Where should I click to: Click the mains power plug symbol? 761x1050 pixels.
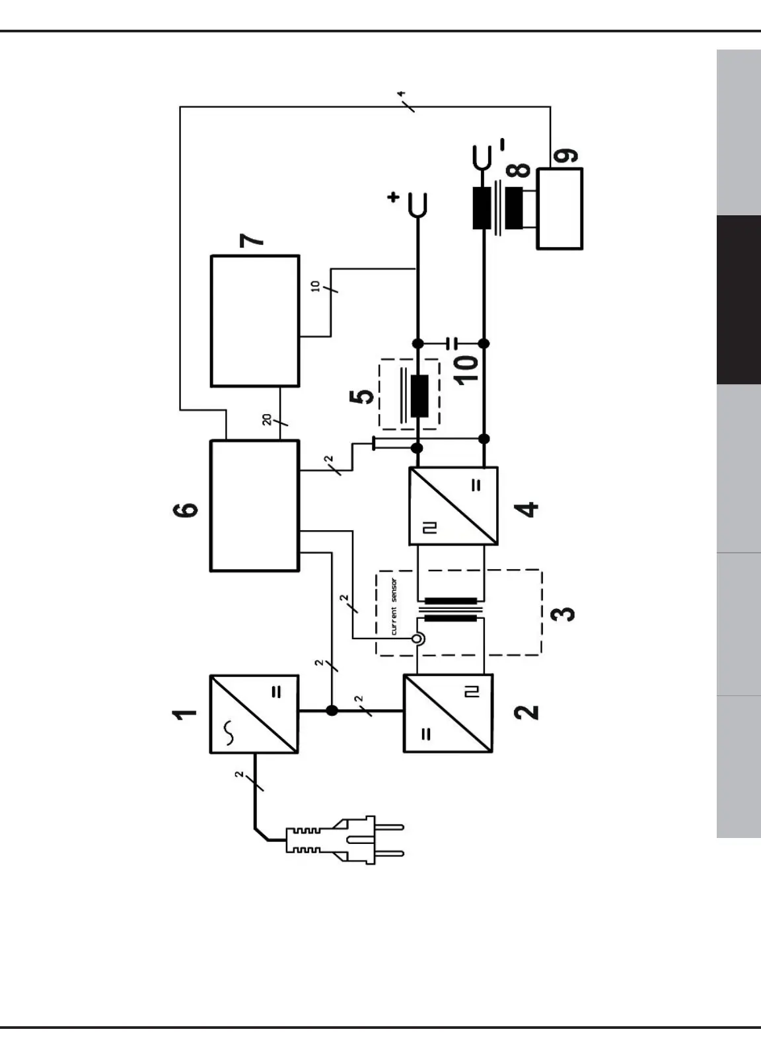click(x=350, y=839)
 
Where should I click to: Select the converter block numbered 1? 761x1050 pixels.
click(x=254, y=714)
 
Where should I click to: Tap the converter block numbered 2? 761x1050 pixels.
click(x=448, y=714)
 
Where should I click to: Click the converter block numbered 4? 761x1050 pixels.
click(x=453, y=506)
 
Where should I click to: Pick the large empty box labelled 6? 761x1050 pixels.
click(x=254, y=506)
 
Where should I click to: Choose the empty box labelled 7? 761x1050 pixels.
click(x=254, y=321)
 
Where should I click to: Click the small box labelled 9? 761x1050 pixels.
click(x=560, y=209)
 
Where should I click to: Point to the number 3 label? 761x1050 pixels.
click(x=563, y=613)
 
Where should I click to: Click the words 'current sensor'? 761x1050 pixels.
click(x=394, y=607)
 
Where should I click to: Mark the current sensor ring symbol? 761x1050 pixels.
click(x=417, y=639)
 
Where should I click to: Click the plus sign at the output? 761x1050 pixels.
click(x=394, y=197)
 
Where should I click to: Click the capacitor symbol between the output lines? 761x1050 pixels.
click(x=451, y=343)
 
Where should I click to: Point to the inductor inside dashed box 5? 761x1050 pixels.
click(x=419, y=396)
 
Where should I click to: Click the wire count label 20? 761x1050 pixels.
click(x=267, y=419)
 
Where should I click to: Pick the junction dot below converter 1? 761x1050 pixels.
click(x=332, y=711)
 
